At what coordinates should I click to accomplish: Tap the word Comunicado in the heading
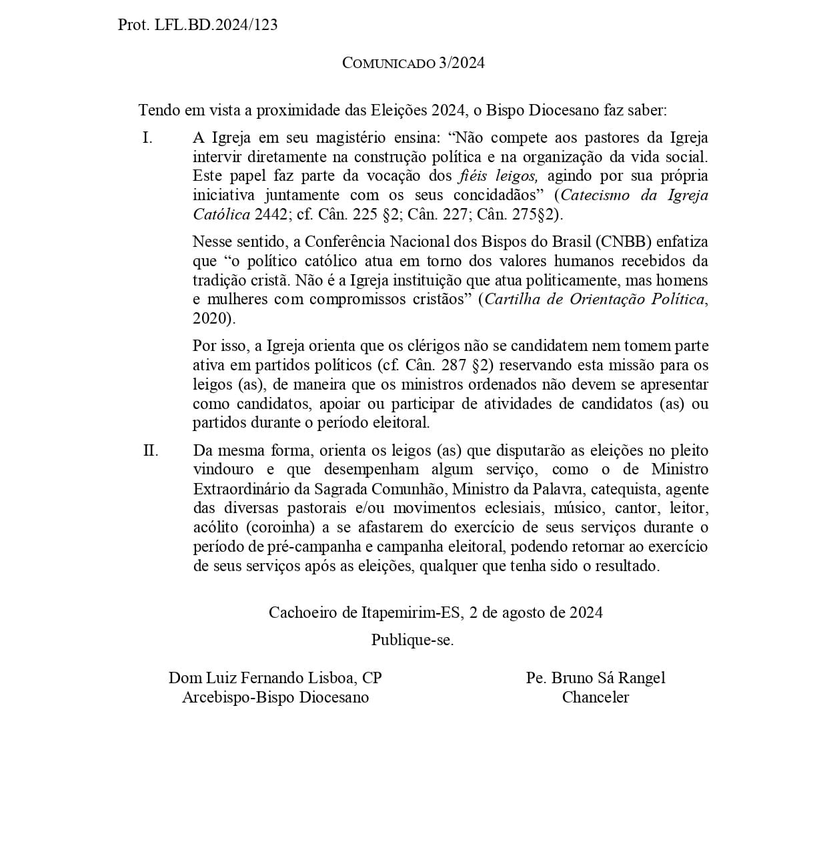click(388, 63)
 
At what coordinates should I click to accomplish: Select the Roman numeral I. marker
click(147, 138)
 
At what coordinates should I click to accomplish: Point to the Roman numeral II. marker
click(151, 450)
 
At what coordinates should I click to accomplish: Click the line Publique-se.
click(413, 640)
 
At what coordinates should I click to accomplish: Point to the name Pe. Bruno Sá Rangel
click(596, 678)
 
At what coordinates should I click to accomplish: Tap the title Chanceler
click(596, 697)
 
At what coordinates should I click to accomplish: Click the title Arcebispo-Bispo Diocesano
click(275, 697)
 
